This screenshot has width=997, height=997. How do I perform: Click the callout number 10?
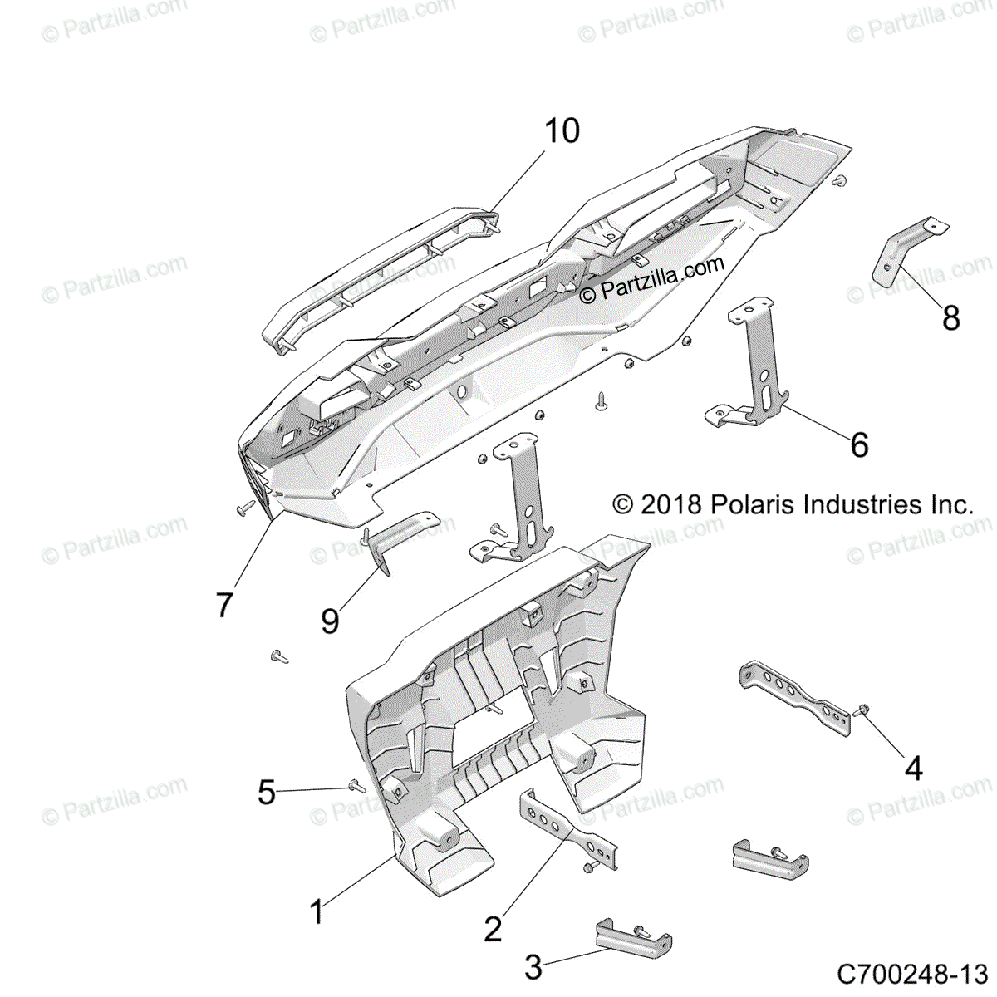[562, 131]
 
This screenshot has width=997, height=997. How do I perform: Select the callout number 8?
[950, 317]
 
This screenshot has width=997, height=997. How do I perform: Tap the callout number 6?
[859, 445]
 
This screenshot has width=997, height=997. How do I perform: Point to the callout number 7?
[224, 605]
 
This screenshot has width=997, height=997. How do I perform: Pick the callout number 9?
[330, 621]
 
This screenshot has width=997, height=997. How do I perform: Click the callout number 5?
[266, 792]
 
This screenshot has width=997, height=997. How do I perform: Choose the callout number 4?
[913, 769]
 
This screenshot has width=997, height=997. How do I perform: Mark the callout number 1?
[317, 912]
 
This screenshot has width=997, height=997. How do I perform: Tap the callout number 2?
[493, 929]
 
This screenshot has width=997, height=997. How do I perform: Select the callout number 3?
[533, 967]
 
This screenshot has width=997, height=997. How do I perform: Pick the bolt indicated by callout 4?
[861, 711]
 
